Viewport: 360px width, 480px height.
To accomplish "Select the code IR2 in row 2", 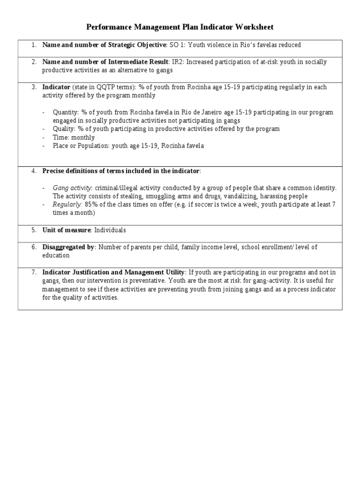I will pos(177,62).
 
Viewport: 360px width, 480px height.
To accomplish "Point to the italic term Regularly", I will pos(67,204).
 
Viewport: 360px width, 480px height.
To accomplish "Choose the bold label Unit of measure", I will pos(66,230).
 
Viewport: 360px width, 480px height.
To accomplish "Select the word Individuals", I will pos(110,230).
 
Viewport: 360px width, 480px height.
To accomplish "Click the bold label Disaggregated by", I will pos(68,247).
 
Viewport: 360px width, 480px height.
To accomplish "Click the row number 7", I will pos(33,272).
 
